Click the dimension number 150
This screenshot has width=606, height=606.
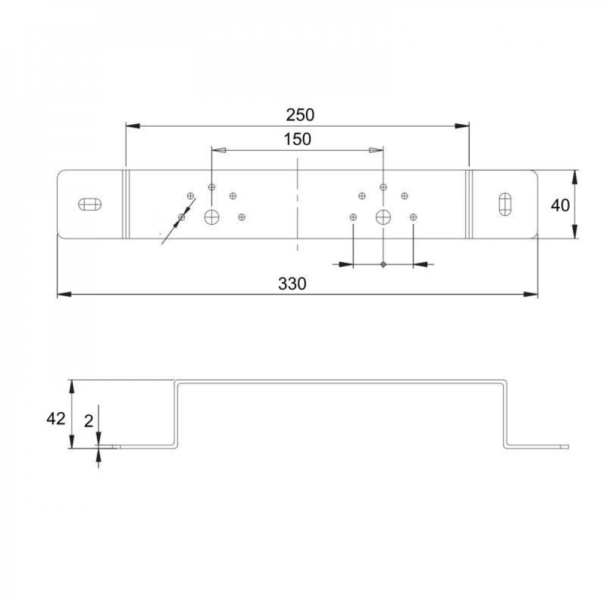297,139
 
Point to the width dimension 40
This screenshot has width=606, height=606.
560,205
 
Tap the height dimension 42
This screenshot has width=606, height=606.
56,419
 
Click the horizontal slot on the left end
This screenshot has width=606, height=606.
90,204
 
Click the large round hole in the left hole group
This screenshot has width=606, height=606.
211,216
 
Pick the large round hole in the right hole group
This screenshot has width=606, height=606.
384,216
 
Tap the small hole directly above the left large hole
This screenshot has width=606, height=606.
211,187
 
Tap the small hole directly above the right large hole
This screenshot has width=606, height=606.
384,187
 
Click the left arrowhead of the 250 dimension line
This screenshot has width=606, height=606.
132,125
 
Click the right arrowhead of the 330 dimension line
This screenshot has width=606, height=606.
531,295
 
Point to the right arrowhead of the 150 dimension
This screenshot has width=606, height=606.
377,150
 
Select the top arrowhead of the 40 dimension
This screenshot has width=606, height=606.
574,176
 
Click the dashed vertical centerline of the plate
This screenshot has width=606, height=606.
297,206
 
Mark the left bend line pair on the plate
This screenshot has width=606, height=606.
125,204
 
